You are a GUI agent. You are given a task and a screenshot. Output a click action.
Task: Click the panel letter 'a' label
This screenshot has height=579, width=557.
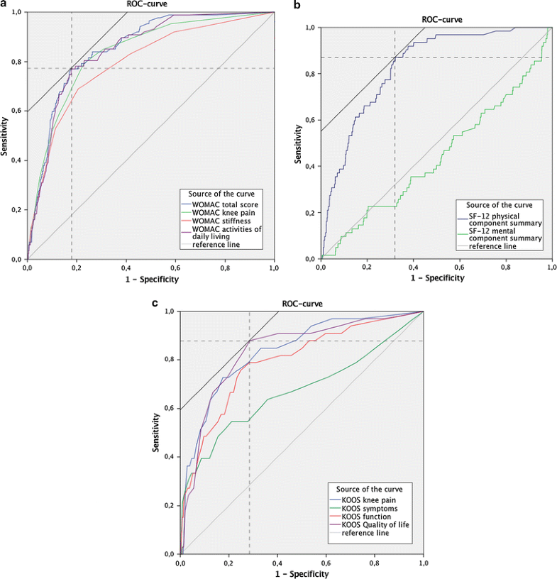(4, 4)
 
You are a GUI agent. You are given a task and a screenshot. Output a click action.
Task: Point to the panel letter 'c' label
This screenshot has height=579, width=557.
(155, 303)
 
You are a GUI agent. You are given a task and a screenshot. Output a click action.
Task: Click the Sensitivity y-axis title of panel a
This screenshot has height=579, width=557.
(5, 136)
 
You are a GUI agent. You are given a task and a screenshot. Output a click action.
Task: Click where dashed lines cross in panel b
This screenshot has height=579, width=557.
(395, 57)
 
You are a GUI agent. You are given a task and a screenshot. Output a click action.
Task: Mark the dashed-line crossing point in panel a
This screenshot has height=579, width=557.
(72, 68)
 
